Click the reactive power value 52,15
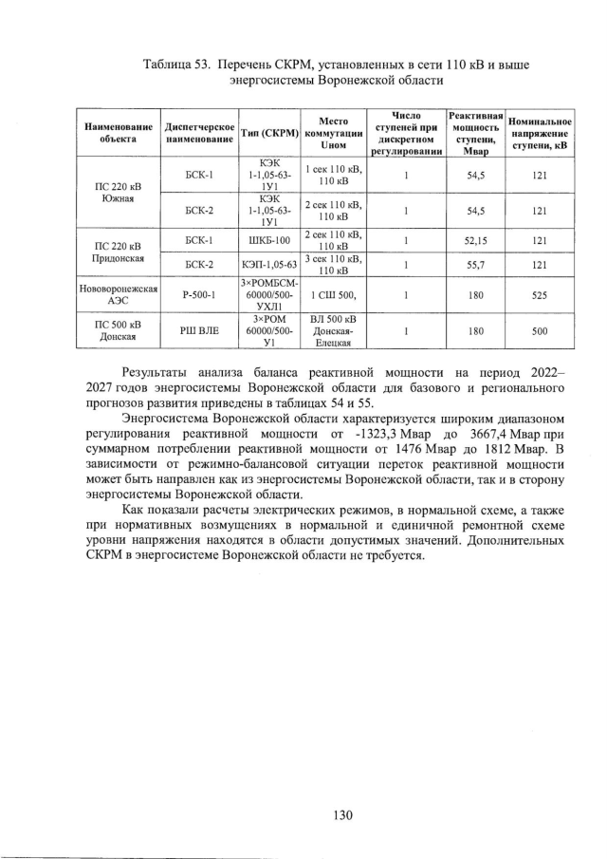[477, 240]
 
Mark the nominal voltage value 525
[540, 294]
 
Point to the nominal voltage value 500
[540, 331]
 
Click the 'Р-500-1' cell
[200, 294]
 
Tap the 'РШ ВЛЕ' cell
[200, 331]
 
